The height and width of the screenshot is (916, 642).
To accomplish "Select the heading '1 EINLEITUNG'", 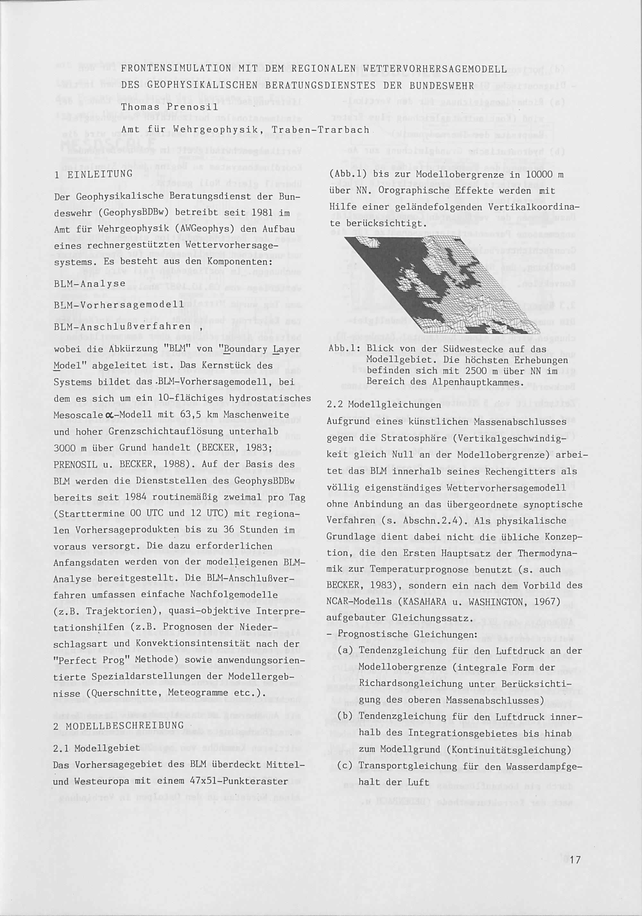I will pos(93,174).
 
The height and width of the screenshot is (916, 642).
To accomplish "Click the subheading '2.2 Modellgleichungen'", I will pos(384,404).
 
